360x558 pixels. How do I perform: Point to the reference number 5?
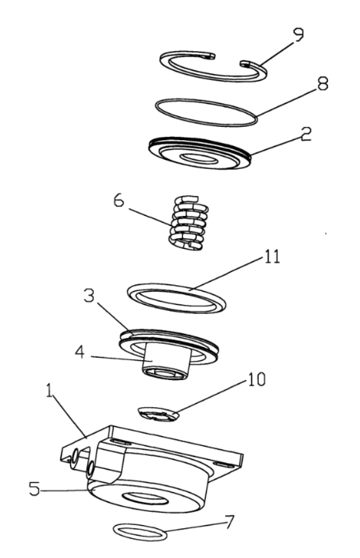[35, 489]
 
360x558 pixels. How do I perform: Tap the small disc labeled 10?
[155, 413]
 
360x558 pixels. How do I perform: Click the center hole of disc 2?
[199, 157]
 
